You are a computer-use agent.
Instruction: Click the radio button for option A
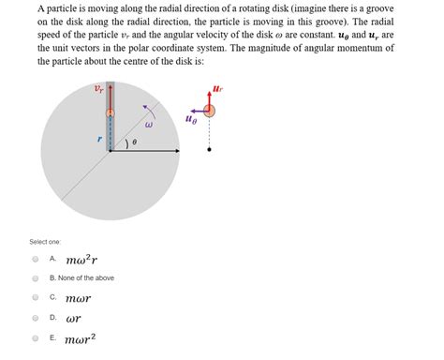pyautogui.click(x=35, y=258)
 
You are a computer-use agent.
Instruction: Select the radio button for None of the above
pyautogui.click(x=35, y=277)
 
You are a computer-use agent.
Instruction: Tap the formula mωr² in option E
pyautogui.click(x=82, y=337)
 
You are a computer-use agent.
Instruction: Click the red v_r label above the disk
pyautogui.click(x=99, y=90)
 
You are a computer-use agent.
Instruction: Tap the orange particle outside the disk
pyautogui.click(x=210, y=111)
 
